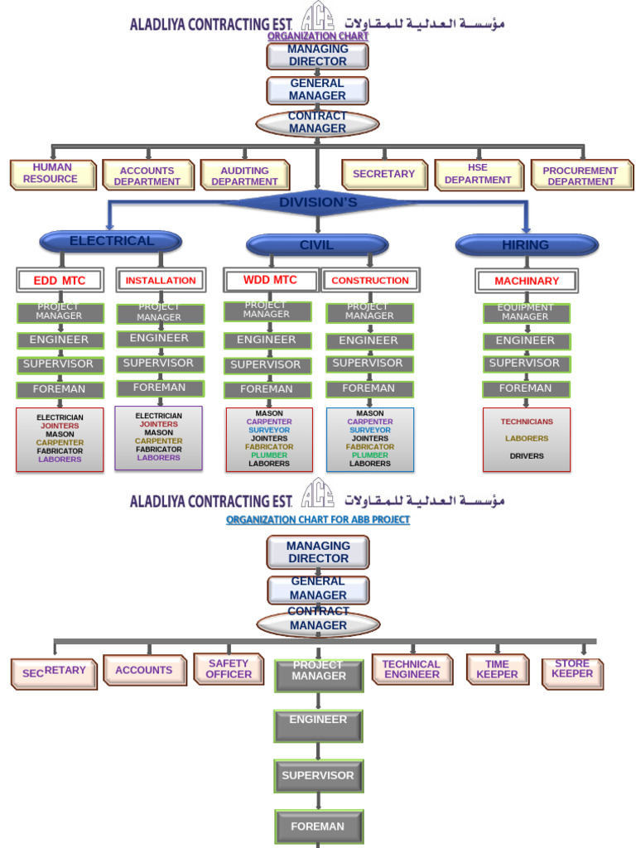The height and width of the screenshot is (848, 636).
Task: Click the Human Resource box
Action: [52, 174]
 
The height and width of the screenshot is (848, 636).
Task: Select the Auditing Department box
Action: [244, 176]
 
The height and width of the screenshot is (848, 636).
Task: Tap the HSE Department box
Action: [478, 175]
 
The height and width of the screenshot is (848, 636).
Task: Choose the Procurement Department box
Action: [581, 176]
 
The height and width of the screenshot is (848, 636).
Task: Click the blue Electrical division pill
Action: [111, 241]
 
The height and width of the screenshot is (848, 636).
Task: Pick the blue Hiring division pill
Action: [526, 244]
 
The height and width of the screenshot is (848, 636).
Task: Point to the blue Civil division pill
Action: [317, 245]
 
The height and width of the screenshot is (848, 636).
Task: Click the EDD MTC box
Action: [59, 280]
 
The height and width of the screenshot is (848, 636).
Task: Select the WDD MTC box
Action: [270, 280]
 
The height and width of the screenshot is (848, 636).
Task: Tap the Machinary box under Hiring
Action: [527, 281]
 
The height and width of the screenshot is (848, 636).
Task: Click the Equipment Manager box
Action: [526, 312]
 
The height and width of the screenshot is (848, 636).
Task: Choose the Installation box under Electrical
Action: [161, 280]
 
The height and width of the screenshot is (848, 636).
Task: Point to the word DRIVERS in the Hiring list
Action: [527, 455]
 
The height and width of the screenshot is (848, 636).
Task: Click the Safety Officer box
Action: [229, 669]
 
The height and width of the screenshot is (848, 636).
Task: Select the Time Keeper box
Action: [497, 669]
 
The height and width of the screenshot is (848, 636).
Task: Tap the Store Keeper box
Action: [572, 669]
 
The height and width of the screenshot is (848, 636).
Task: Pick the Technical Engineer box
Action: [412, 669]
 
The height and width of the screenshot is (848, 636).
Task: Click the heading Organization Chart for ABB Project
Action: [318, 520]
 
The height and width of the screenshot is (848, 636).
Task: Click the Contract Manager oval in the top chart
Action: [317, 123]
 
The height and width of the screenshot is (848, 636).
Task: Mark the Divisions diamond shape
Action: [317, 202]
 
